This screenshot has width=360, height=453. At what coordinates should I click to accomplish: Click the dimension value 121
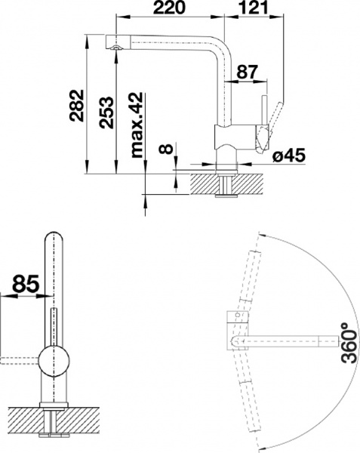coord(256,10)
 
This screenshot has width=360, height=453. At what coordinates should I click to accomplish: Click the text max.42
coord(137,128)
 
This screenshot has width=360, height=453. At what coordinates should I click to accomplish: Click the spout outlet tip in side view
coord(115,48)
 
